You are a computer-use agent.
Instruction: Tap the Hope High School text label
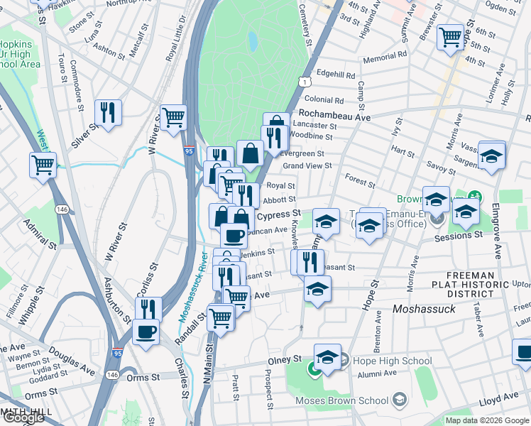pyautogui.click(x=382, y=361)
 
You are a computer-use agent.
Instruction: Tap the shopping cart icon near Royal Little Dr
pyautogui.click(x=173, y=117)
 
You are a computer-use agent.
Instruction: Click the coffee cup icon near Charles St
pyautogui.click(x=146, y=332)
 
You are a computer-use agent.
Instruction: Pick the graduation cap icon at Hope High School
pyautogui.click(x=327, y=356)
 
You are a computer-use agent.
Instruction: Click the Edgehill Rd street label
pyautogui.click(x=336, y=74)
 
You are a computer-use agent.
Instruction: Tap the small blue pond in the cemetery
pyautogui.click(x=252, y=42)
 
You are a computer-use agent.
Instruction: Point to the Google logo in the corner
pyautogui.click(x=23, y=418)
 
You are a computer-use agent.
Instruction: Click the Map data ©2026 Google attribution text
pyautogui.click(x=488, y=420)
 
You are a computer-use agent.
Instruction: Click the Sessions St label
pyautogui.click(x=459, y=234)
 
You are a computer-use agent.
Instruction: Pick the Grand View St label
pyautogui.click(x=307, y=165)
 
